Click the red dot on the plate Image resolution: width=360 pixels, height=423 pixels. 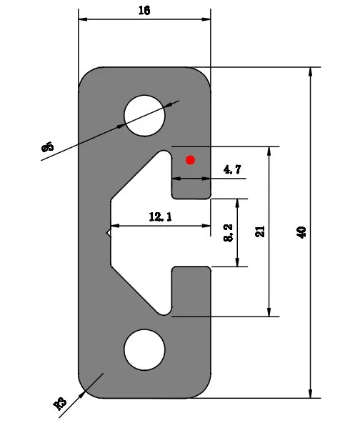click(x=191, y=160)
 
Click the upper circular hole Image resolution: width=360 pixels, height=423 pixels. click(x=144, y=116)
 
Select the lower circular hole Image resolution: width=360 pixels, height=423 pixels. click(x=144, y=349)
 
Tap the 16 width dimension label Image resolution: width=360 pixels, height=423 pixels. click(x=144, y=11)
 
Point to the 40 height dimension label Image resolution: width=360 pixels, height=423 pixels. click(x=301, y=232)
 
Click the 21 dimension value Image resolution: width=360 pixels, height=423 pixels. click(x=260, y=232)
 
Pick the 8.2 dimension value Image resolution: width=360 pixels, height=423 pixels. click(x=229, y=232)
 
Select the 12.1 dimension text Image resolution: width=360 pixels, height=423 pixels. click(x=161, y=217)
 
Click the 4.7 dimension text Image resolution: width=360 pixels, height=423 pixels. click(x=232, y=169)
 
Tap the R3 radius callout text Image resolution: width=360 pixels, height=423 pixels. click(x=60, y=404)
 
